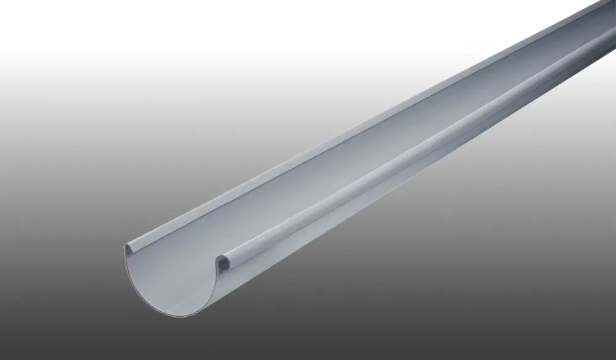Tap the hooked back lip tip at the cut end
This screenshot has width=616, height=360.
[x=127, y=248]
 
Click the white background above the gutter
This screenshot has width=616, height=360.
[x=185, y=37]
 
